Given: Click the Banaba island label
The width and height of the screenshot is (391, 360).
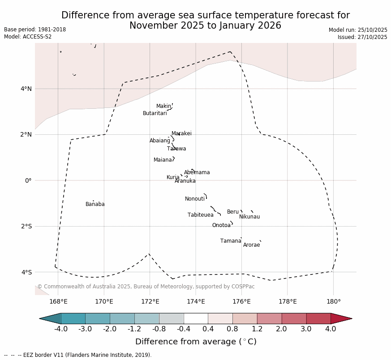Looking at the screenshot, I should click(x=95, y=204).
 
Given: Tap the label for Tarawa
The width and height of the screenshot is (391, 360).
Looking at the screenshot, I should click(x=176, y=149).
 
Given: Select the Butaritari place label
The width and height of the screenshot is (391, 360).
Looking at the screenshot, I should click(x=155, y=113).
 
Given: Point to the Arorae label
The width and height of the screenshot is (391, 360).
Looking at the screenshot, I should click(x=251, y=245).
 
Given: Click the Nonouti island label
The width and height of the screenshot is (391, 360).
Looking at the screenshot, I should click(x=195, y=199).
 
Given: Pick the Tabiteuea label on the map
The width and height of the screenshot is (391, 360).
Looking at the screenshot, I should click(x=200, y=215).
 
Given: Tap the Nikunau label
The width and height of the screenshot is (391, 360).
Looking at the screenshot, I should click(x=249, y=217).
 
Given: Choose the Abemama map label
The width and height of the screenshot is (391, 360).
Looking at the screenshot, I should click(x=197, y=172).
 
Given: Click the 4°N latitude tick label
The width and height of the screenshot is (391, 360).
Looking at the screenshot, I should click(x=26, y=89).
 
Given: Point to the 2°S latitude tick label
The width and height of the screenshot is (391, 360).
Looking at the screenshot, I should click(x=26, y=226).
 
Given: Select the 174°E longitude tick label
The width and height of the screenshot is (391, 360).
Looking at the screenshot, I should click(x=196, y=301).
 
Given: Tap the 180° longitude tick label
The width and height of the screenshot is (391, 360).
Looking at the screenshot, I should click(x=333, y=301).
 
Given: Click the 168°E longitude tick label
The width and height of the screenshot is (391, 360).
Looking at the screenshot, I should click(x=58, y=301).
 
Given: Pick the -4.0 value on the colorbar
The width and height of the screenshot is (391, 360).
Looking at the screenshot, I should click(x=61, y=329).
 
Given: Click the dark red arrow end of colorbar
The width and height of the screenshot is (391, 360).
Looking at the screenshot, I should click(x=341, y=318).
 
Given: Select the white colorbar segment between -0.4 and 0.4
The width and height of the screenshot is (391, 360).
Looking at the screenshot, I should click(x=196, y=318).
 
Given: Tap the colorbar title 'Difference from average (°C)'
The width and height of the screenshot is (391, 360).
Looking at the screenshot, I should click(x=196, y=342).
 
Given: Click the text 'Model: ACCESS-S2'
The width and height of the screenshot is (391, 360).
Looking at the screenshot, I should click(x=28, y=37).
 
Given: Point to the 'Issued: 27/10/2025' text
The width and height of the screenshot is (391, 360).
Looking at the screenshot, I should click(x=362, y=37).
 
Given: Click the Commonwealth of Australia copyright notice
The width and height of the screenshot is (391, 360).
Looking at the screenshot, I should click(x=146, y=287).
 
